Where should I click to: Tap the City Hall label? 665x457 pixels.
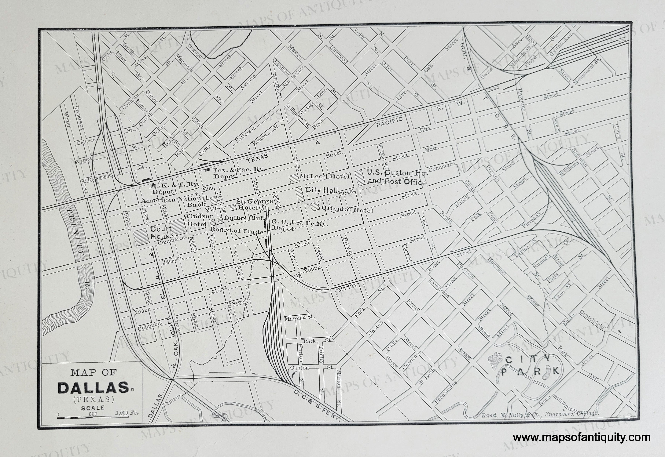coord(322,190)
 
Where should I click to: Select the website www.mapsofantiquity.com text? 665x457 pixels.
coord(581,437)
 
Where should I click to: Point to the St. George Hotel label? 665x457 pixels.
coord(254,204)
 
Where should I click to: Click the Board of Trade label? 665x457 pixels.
coord(237,230)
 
